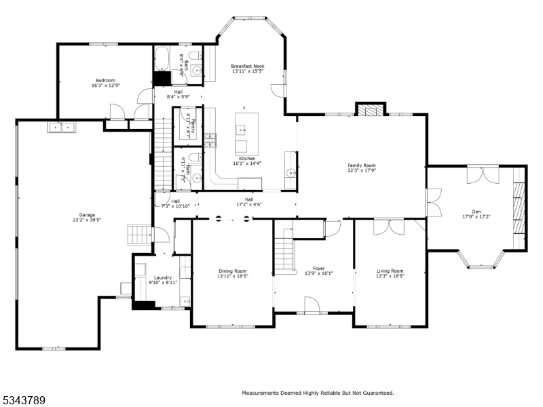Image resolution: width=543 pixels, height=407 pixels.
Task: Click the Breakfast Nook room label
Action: point(247,66)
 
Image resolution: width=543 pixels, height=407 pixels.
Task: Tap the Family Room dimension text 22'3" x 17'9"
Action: point(361,171)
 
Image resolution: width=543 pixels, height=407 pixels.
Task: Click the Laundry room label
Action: point(162,277)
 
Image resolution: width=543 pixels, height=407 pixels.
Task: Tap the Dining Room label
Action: point(232,271)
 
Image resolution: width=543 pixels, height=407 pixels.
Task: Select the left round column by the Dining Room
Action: point(219,218)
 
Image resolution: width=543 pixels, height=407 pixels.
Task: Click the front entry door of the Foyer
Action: point(312,305)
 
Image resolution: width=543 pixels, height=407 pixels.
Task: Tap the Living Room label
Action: point(390,271)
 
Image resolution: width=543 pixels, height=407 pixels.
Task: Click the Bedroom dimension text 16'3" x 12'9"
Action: point(105,86)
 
